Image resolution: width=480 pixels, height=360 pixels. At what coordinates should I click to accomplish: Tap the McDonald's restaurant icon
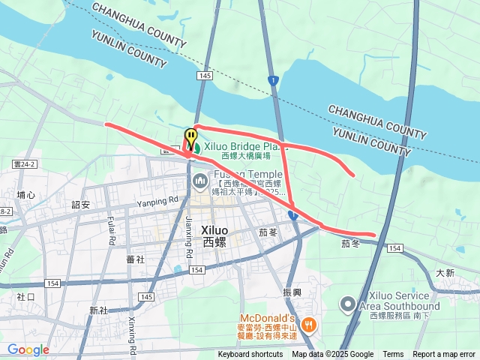[x=312, y=325]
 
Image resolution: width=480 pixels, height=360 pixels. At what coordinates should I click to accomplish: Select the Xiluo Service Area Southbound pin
[x=347, y=304]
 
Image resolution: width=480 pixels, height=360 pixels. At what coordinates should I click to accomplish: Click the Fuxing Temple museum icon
[x=200, y=181]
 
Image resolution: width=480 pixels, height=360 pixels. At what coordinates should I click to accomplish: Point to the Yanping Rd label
[x=157, y=200]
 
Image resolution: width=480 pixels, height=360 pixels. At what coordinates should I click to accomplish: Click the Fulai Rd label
[x=111, y=231]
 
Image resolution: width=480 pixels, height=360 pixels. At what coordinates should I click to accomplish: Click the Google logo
[x=28, y=349]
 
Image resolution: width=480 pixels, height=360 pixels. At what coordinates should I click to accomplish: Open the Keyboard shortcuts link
[x=250, y=355]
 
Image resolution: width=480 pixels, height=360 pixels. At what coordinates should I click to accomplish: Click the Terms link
[x=393, y=355]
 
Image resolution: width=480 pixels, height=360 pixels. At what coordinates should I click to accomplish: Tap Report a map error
[x=444, y=355]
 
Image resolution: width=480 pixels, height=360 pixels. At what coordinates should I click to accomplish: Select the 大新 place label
[x=446, y=274]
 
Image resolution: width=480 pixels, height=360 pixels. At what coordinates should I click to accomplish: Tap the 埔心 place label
[x=26, y=195]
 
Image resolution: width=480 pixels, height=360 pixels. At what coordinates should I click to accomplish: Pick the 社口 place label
[x=25, y=297]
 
